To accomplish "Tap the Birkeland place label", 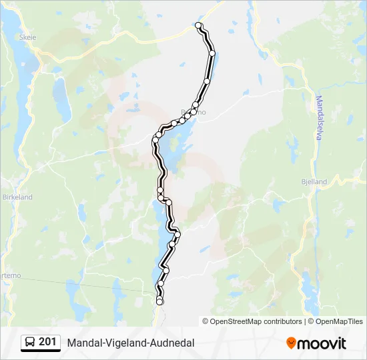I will point(16,197).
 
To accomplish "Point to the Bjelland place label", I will point(314,181).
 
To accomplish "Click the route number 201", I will point(47,342).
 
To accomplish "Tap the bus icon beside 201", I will point(30,343).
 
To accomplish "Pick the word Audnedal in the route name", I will point(171,343).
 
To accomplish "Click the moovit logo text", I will point(322,343).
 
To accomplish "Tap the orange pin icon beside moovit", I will point(291,343).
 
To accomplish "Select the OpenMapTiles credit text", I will point(339,321).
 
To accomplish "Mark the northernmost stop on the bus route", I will point(198,25).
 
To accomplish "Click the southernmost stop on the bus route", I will point(159,302).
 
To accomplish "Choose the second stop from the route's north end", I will point(212,53).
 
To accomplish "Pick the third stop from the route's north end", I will point(207,81).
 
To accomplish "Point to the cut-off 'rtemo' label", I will point(10,275).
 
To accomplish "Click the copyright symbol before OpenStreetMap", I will point(206,321).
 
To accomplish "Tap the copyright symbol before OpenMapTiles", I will point(311,321).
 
